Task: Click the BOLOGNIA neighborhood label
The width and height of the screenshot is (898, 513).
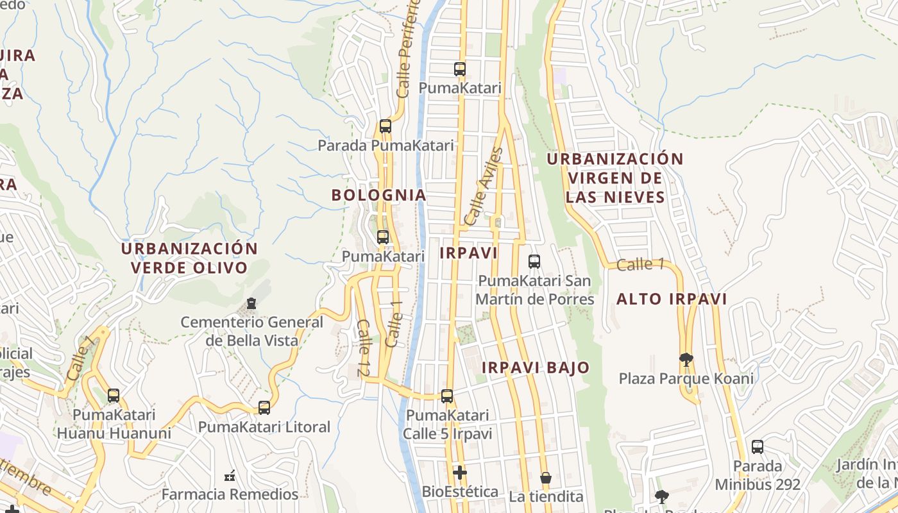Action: (378, 195)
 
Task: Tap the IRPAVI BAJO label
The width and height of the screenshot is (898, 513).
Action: (535, 367)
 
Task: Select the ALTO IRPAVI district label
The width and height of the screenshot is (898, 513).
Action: (672, 299)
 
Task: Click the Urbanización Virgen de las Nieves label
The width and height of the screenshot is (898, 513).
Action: (615, 178)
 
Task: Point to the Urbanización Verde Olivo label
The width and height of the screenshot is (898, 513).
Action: (189, 258)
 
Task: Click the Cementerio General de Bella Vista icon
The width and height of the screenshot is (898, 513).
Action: (251, 303)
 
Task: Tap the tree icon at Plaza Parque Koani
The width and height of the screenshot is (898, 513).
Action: (686, 359)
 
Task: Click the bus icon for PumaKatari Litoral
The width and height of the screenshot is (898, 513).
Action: (264, 407)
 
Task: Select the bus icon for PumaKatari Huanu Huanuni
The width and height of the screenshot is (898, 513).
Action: (114, 396)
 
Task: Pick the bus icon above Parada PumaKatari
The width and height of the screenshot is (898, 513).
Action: (385, 126)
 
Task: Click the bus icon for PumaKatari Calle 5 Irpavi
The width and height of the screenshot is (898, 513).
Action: (447, 396)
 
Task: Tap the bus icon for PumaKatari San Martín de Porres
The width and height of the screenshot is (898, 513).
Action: (534, 262)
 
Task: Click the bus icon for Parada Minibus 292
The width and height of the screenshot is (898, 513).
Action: (758, 447)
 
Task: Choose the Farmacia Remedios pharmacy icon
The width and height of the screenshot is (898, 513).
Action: (230, 476)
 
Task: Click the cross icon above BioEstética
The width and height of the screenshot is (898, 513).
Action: (459, 473)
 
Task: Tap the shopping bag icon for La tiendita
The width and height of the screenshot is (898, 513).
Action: (546, 478)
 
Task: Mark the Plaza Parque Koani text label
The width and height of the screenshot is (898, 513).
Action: (686, 378)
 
